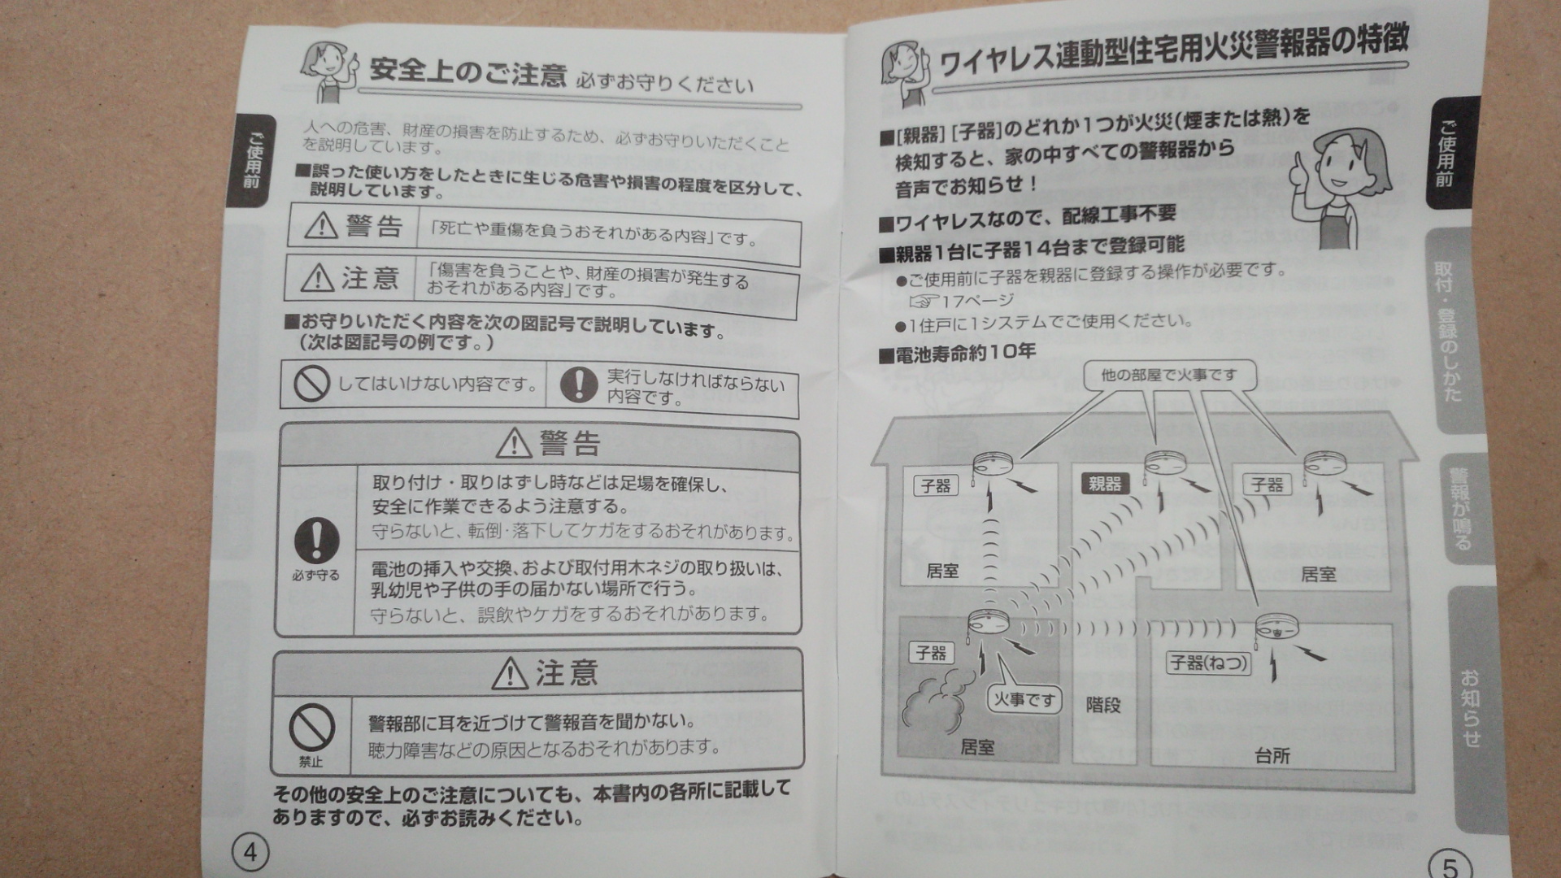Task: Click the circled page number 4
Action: pyautogui.click(x=250, y=852)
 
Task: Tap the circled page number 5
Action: pyautogui.click(x=1450, y=866)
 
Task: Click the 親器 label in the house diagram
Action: pyautogui.click(x=1104, y=484)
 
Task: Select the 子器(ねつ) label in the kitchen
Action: pyautogui.click(x=1208, y=663)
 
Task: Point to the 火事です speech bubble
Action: pyautogui.click(x=1024, y=699)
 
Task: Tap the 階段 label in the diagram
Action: pyautogui.click(x=1103, y=705)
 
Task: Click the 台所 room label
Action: pyautogui.click(x=1272, y=756)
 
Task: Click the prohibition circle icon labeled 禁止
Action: pyautogui.click(x=311, y=727)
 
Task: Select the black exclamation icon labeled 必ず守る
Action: pyautogui.click(x=316, y=540)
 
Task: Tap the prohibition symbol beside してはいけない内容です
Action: pyautogui.click(x=311, y=383)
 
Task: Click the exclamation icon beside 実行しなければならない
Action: pyautogui.click(x=579, y=384)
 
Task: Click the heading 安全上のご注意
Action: pyautogui.click(x=467, y=72)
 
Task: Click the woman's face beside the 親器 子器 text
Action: pyautogui.click(x=1341, y=167)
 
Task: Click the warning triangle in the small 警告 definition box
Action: pyautogui.click(x=321, y=225)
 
